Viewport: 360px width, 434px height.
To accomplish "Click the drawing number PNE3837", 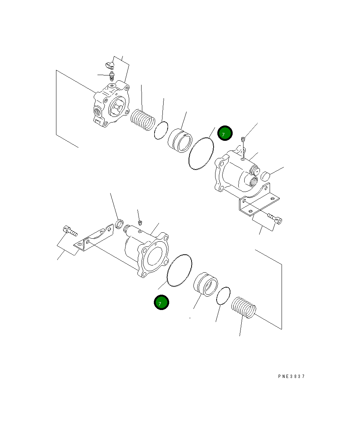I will click(x=291, y=376).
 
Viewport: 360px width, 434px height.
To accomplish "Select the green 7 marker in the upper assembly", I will click(x=225, y=133).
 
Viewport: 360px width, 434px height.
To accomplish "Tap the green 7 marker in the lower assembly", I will click(x=161, y=303).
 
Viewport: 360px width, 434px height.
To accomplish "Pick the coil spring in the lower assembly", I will click(x=244, y=308).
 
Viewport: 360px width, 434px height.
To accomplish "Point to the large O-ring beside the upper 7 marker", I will click(x=201, y=153).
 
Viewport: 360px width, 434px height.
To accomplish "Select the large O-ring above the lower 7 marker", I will click(x=180, y=270).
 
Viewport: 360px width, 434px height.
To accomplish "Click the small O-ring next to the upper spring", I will click(x=161, y=130).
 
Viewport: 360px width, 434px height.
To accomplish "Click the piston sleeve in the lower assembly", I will click(x=206, y=285).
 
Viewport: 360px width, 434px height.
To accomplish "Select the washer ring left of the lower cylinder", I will click(x=120, y=224).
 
